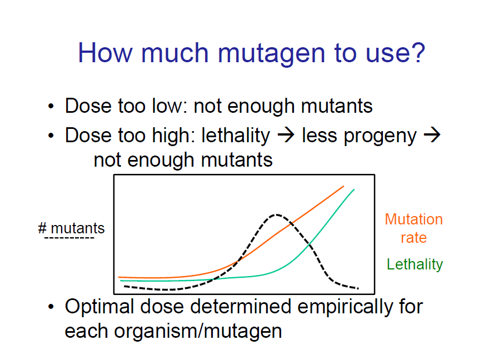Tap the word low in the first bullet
(x=166, y=106)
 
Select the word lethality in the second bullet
(x=235, y=136)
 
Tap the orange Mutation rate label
(x=414, y=228)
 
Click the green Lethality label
(x=415, y=264)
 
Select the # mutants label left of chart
(x=71, y=228)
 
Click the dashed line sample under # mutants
(x=69, y=239)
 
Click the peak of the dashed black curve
(x=275, y=214)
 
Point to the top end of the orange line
(x=343, y=187)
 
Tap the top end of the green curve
(x=353, y=189)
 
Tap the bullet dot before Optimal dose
(x=52, y=307)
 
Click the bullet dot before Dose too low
(x=52, y=107)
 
